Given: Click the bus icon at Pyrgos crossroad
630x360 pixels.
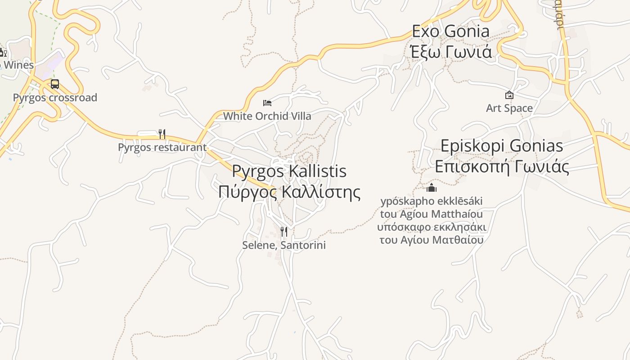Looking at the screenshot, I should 54,84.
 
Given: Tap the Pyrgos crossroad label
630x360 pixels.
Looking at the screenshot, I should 55,98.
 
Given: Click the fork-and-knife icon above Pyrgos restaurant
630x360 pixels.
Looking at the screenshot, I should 162,134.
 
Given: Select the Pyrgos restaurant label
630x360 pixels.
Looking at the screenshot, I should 162,147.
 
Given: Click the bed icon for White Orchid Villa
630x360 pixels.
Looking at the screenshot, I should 267,103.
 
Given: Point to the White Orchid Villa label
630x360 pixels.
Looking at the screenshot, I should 267,116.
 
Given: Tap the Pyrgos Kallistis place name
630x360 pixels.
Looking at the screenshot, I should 289,171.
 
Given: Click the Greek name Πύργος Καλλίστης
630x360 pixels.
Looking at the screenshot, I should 289,192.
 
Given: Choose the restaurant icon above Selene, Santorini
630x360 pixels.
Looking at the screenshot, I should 284,232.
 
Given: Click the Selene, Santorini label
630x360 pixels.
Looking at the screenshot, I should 284,245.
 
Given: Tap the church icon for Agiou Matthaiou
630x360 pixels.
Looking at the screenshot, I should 432,187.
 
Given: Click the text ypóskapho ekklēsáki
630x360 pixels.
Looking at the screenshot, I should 432,201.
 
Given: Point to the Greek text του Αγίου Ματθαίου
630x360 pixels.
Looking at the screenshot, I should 432,239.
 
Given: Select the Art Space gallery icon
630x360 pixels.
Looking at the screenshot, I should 509,95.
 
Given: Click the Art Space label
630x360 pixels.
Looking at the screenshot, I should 509,108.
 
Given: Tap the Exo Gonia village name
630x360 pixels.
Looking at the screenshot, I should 451,31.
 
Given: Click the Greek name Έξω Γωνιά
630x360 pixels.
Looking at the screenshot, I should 451,52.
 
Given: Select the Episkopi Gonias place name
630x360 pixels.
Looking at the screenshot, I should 502,146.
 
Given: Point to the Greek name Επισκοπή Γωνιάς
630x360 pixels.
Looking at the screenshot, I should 502,166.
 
